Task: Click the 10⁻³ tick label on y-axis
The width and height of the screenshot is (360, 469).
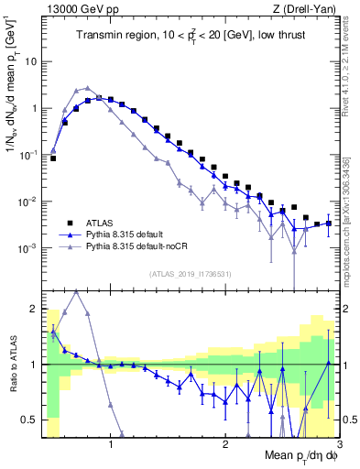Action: point(27,248)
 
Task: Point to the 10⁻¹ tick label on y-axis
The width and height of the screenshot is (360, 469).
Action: point(27,155)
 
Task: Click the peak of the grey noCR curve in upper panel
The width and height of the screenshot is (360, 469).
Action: point(87,89)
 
